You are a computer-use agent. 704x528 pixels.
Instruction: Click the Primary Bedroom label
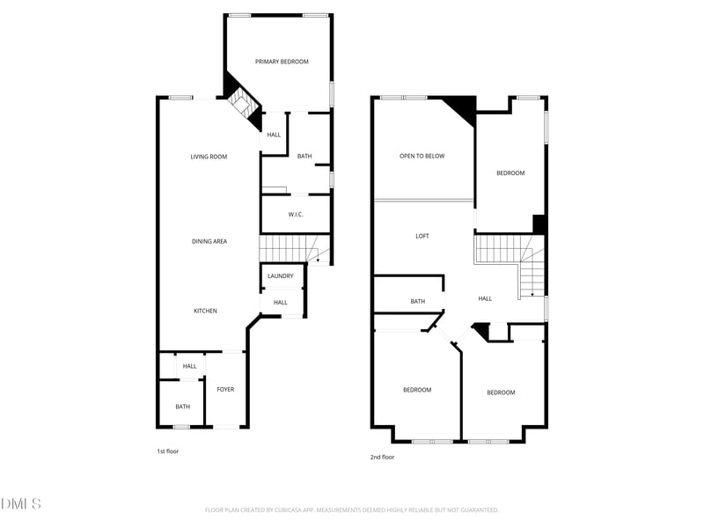282,62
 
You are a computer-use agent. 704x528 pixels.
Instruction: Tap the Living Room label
209,157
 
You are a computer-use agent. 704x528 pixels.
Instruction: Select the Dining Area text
209,241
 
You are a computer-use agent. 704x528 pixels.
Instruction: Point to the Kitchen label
205,311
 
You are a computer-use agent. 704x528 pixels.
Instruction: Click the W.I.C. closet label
296,215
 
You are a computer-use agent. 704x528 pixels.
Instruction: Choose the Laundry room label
280,276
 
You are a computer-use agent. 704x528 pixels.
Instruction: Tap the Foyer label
225,389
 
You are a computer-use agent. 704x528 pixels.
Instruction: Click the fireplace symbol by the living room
244,108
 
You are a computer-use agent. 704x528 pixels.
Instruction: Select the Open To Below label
422,157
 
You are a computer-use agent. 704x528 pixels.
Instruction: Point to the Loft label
422,236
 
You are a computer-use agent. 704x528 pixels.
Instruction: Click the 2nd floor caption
382,457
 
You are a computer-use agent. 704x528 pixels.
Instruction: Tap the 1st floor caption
167,451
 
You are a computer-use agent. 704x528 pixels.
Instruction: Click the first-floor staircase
294,249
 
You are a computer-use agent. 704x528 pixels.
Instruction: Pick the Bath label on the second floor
417,301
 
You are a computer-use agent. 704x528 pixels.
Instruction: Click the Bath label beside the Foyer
183,407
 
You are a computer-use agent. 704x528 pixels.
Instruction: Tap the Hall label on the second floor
485,298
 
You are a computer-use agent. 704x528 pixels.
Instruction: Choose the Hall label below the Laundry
281,303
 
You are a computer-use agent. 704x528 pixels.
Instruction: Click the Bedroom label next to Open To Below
510,172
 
